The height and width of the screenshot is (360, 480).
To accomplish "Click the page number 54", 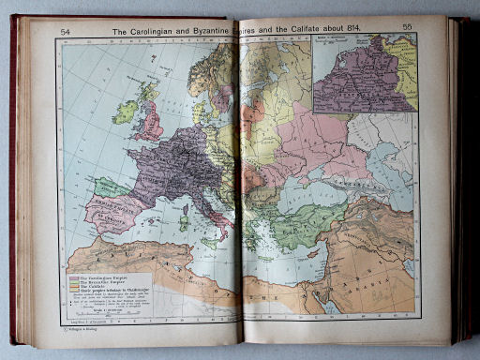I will [66, 32].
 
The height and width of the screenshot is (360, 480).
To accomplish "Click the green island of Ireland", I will [125, 112].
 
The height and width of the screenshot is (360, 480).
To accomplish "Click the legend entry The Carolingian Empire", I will [94, 278].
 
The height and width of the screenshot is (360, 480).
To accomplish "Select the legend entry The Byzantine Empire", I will [93, 284].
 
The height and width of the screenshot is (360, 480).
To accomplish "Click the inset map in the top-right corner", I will [365, 73].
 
